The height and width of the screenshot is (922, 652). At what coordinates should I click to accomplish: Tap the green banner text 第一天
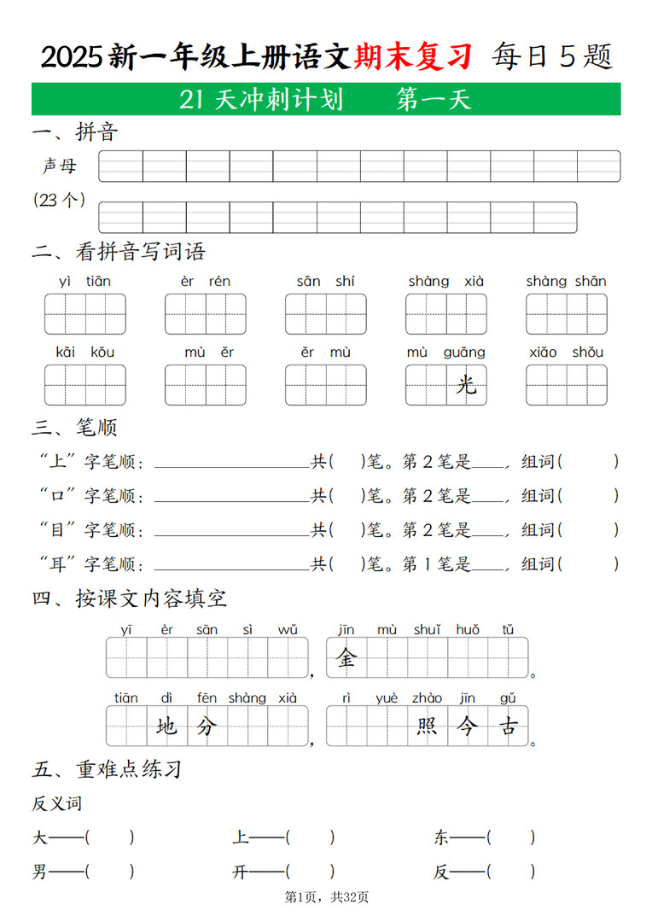click(434, 101)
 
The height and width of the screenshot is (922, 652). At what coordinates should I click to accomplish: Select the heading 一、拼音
click(74, 131)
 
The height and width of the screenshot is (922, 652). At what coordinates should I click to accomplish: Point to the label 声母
click(60, 166)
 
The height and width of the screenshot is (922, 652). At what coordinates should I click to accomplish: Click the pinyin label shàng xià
click(445, 281)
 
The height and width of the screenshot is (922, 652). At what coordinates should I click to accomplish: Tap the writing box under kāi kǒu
click(84, 385)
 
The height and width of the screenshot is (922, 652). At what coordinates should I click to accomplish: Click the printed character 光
click(466, 385)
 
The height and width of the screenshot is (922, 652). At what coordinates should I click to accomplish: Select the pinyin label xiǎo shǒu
click(566, 352)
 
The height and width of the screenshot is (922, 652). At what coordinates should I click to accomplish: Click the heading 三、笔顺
click(74, 427)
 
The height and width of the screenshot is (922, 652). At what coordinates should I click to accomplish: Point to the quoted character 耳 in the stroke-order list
click(57, 564)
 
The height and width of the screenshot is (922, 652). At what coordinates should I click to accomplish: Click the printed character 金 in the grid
click(346, 657)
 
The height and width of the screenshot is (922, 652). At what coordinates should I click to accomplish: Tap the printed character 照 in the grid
click(427, 727)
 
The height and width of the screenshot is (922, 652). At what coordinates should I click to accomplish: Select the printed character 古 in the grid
click(508, 727)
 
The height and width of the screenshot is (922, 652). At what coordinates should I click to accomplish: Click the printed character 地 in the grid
click(167, 727)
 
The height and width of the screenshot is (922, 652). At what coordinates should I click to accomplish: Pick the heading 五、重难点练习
click(107, 768)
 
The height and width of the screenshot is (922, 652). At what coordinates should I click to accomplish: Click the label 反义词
click(57, 803)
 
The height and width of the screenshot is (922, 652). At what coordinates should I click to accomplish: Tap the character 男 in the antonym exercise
click(40, 872)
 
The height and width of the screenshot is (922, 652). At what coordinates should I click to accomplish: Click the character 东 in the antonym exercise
click(441, 837)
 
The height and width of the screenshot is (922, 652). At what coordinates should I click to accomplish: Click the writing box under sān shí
click(326, 314)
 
